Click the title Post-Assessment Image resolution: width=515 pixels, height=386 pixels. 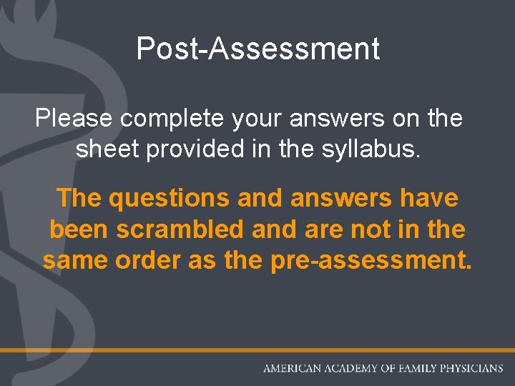click(x=257, y=49)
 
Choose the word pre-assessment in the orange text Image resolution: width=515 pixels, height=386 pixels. click(x=372, y=261)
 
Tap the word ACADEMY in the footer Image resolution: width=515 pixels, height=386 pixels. click(x=350, y=369)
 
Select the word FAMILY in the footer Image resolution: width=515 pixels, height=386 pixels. click(x=416, y=369)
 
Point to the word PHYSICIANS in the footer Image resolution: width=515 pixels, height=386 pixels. click(x=473, y=369)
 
